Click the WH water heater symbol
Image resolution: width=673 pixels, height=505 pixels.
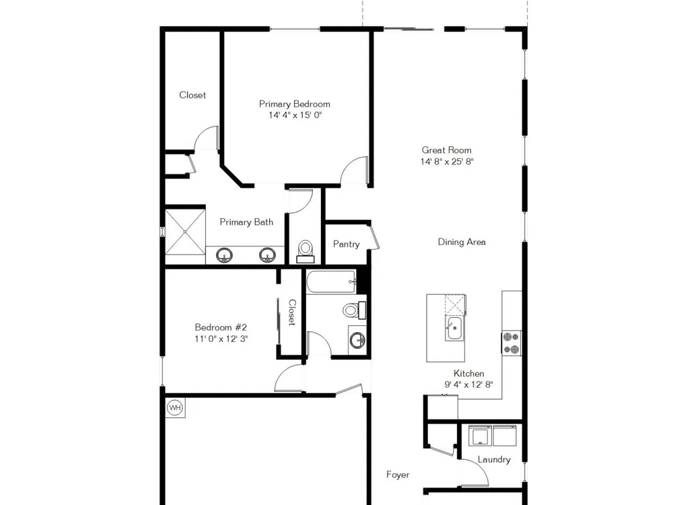175,407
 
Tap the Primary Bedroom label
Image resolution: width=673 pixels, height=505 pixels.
295,104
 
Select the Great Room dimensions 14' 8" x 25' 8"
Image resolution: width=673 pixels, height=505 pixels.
447,162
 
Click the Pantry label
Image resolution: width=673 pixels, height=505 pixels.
346,244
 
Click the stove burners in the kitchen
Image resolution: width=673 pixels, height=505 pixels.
511,343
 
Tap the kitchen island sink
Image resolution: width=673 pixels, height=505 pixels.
453,329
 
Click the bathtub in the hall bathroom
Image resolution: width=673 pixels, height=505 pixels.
331,281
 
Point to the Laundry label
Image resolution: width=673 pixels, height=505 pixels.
494,459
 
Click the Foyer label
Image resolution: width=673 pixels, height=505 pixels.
398,475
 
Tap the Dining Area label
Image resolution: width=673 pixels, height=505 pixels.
462,242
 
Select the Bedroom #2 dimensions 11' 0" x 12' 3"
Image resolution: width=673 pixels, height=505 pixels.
221,339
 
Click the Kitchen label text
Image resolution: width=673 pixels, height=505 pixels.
468,373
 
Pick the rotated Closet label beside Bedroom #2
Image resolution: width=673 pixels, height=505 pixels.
292,312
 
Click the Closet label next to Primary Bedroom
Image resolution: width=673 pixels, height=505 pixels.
192,95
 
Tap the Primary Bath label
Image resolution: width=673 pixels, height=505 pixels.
246,222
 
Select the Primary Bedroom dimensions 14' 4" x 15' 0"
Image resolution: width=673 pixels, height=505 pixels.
295,115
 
